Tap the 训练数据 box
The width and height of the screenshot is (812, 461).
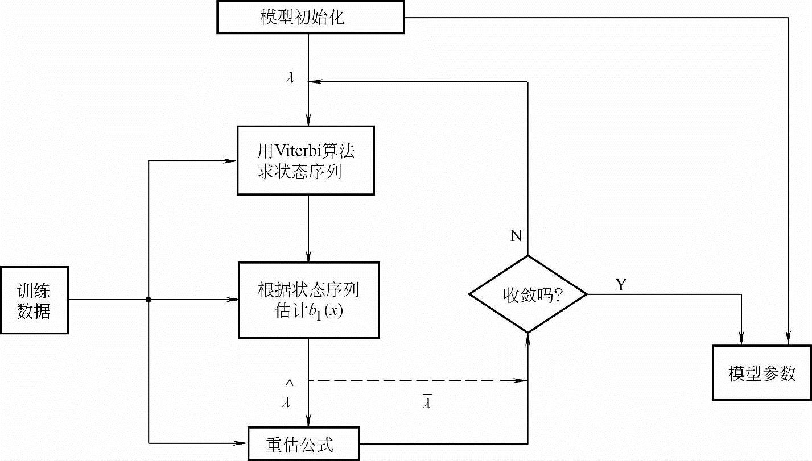pos(34,300)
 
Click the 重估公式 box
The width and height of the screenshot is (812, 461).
pos(304,444)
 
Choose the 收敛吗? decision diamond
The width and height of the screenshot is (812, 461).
pos(528,294)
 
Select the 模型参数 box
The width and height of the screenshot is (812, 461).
pos(761,373)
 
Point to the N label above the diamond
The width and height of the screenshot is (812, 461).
pos(516,236)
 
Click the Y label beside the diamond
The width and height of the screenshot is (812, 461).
pos(620,285)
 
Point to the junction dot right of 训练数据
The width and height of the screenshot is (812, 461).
pos(148,300)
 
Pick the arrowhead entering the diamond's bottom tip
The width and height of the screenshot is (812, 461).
pos(528,339)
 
